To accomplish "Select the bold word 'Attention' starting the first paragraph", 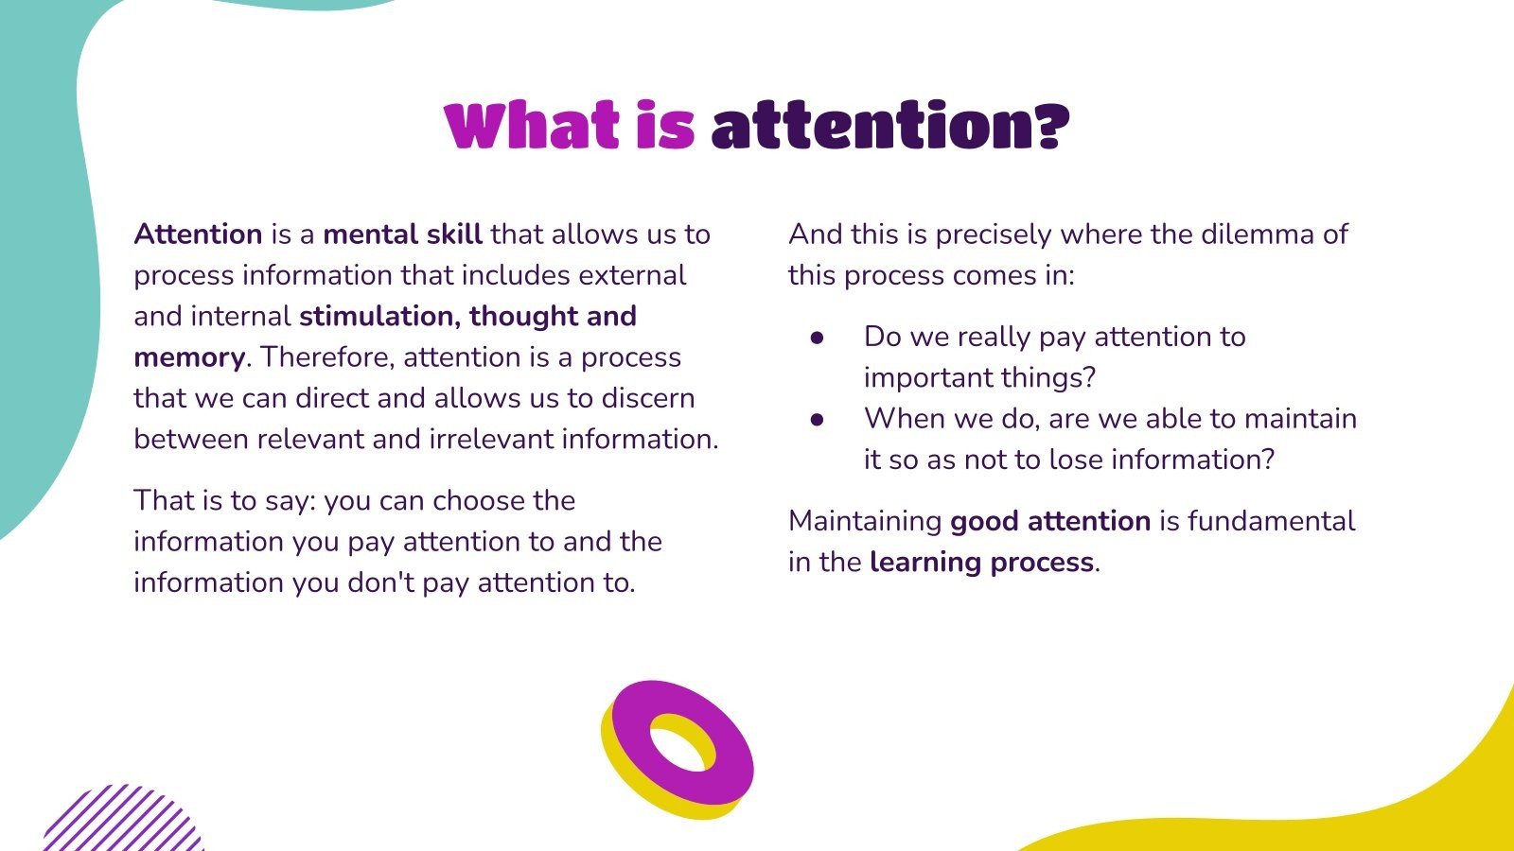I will (198, 234).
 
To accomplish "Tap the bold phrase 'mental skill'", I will (402, 234).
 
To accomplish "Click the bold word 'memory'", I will (189, 357).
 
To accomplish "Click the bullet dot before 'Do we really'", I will (818, 338).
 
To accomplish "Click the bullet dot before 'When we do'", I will (818, 419).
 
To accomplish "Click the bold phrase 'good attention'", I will (1049, 521).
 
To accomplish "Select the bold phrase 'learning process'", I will (981, 563).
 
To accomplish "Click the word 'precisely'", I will (993, 234).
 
